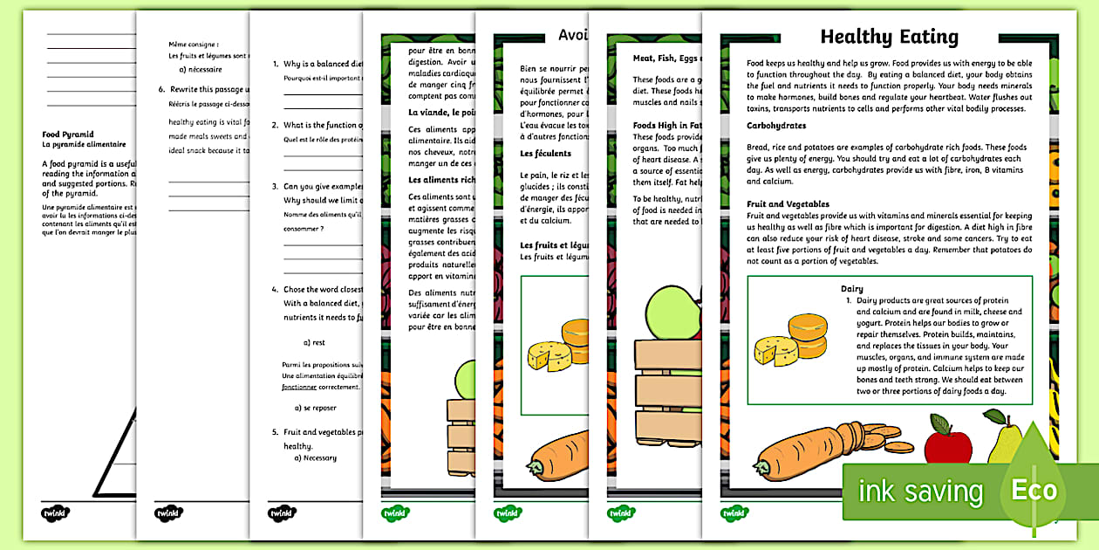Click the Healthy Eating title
click(889, 37)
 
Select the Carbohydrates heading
click(776, 126)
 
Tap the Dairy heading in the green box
click(852, 289)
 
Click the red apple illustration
click(948, 442)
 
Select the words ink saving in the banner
click(920, 492)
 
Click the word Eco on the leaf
click(1034, 490)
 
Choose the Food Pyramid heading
click(68, 134)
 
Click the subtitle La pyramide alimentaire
click(84, 144)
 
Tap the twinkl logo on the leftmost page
click(56, 512)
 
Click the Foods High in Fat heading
click(667, 125)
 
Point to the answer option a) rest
click(314, 342)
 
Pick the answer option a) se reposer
click(315, 408)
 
